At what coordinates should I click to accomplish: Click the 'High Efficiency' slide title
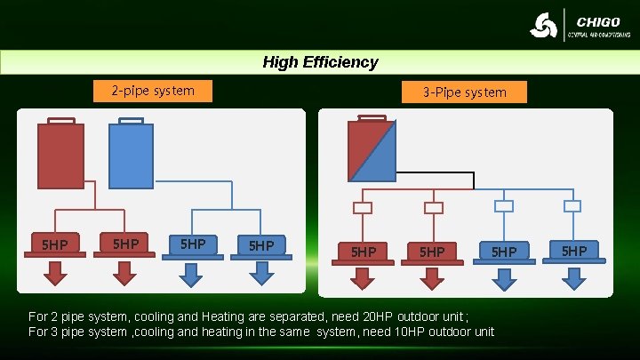(320, 62)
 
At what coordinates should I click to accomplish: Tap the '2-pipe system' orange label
(153, 91)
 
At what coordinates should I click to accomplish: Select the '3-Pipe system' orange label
(464, 92)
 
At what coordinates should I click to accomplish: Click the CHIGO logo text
(598, 21)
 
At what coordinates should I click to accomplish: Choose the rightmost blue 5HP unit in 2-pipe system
(260, 246)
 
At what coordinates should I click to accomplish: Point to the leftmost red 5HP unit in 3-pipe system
(362, 252)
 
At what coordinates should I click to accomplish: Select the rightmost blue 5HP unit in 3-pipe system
(574, 252)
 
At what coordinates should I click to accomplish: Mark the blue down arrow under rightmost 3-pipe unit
(574, 278)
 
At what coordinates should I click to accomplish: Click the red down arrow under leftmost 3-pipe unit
(362, 279)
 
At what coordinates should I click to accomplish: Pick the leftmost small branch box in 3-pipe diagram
(362, 208)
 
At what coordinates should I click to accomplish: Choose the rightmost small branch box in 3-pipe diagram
(573, 206)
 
